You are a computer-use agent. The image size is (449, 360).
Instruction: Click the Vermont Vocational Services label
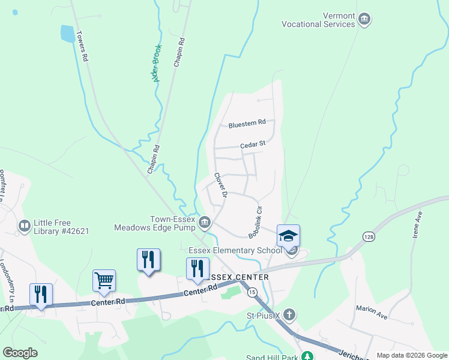pos(319,20)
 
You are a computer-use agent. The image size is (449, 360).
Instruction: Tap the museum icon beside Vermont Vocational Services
pos(364,20)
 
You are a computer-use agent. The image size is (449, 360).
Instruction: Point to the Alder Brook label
pos(157,63)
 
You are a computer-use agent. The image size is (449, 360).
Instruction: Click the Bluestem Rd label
pos(247,124)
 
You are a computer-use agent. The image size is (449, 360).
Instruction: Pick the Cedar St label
pos(252,144)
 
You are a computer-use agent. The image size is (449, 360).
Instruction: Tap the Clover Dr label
pos(221,185)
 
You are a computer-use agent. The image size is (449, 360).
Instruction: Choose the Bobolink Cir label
pos(256,223)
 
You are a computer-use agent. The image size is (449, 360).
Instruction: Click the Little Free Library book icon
pos(25,226)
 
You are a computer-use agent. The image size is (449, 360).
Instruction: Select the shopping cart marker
pos(104,280)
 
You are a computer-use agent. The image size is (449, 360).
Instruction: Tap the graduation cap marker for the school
pos(288,235)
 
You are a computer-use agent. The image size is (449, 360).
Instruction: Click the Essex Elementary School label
pos(235,250)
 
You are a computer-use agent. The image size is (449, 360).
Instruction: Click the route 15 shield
pos(252,292)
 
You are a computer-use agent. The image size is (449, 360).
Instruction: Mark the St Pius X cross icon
pos(289,314)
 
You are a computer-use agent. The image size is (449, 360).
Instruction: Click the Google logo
pos(20,353)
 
